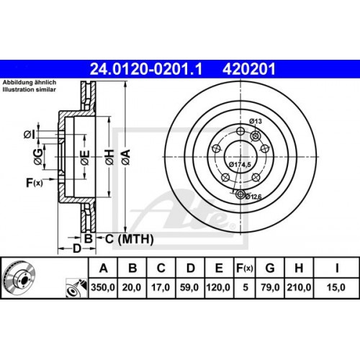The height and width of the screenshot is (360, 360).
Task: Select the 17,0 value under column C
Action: coord(161,286)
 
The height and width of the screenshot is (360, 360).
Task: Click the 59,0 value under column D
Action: coord(190,286)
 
